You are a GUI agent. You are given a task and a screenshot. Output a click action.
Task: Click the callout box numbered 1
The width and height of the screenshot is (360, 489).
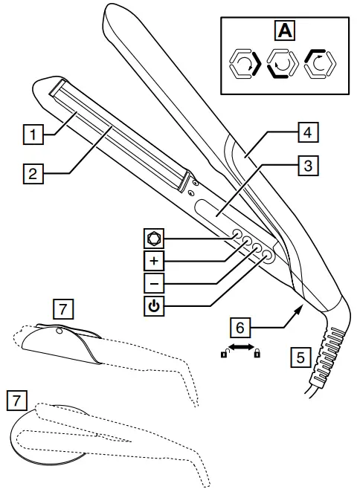(x=30, y=135)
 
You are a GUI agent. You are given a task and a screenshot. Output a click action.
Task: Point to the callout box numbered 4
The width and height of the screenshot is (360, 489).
(x=305, y=133)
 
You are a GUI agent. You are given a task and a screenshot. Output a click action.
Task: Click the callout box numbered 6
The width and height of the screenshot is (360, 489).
(x=240, y=326)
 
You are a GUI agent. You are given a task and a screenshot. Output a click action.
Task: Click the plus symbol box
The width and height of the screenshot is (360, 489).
(x=152, y=262)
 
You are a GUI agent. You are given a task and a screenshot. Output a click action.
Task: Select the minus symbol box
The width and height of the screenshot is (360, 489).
(x=152, y=283)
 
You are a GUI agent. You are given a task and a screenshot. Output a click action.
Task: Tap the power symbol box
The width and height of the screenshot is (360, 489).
(x=152, y=305)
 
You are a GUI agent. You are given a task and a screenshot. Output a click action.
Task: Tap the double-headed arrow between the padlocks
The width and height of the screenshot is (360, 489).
(x=240, y=348)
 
